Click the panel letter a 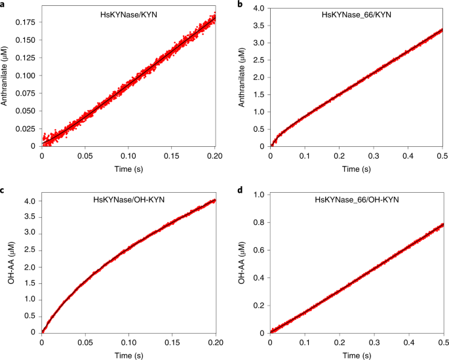click(3, 4)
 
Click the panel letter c click(3, 190)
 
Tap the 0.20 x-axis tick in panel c click(216, 342)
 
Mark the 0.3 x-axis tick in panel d click(374, 342)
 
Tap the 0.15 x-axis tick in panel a click(172, 156)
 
